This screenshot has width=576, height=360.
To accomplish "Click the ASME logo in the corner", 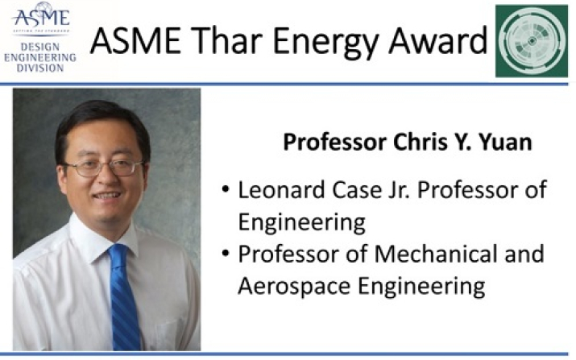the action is [41, 18].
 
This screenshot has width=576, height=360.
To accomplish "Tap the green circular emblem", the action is [532, 41].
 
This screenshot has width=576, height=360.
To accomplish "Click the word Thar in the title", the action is [225, 41].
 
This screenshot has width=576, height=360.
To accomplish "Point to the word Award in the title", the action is [438, 41].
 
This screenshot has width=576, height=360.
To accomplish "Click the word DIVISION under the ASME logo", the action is [40, 68].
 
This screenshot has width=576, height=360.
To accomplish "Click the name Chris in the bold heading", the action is [420, 142].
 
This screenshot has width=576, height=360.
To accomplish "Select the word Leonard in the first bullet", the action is [282, 190].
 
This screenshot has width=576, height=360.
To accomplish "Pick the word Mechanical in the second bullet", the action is [436, 254].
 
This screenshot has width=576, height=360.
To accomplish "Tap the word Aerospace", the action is [294, 287].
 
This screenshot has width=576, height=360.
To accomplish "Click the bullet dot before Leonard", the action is [226, 190].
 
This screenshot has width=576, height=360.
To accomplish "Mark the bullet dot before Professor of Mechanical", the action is [226, 254].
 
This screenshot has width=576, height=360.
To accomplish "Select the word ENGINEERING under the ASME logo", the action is [40, 58].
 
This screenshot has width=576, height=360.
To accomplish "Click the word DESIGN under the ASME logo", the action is [40, 47].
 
